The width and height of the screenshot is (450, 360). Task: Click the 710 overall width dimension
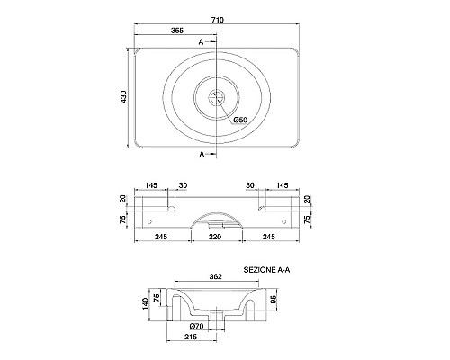[x=218, y=20]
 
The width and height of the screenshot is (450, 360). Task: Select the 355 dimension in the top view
[x=177, y=31]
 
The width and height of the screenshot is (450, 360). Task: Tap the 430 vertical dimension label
[x=123, y=96]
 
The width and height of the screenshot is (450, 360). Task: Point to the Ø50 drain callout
[x=240, y=120]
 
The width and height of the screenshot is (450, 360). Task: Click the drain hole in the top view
[x=217, y=97]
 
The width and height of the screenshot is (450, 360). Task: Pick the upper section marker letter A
[x=201, y=42]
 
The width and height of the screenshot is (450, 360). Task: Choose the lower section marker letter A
[x=202, y=154]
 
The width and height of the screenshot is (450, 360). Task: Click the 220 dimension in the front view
[x=215, y=237]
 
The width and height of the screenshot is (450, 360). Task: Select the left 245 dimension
[x=161, y=237]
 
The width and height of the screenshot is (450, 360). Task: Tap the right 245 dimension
[x=269, y=237]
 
